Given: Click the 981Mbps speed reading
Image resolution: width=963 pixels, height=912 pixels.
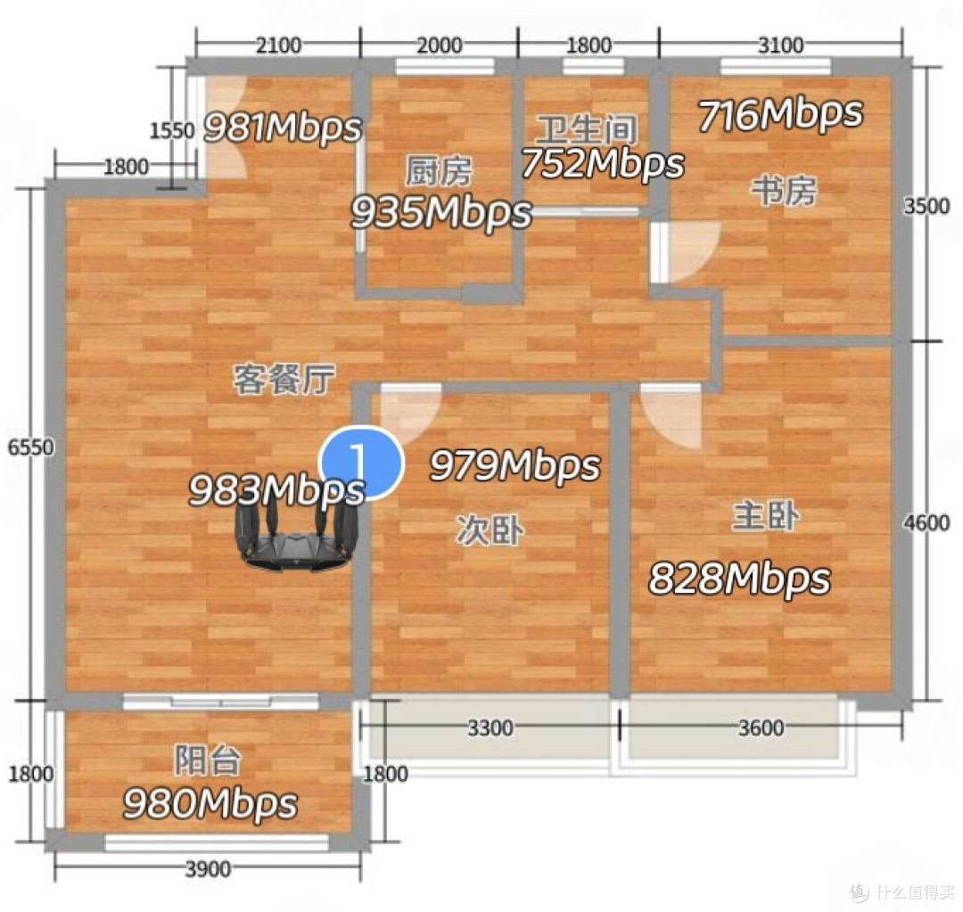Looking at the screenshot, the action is click(x=283, y=127).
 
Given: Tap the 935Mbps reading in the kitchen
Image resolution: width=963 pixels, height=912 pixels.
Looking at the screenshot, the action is click(x=441, y=212).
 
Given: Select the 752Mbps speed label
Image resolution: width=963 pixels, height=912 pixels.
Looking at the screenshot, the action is click(x=603, y=163).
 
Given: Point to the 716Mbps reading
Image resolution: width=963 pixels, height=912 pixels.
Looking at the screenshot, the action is click(x=780, y=114).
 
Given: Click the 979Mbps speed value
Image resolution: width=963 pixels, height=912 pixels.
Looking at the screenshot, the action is click(x=514, y=464).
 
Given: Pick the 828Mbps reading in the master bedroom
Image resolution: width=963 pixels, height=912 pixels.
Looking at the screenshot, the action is click(x=739, y=578).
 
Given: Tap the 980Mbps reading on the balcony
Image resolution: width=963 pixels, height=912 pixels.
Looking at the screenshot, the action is click(x=210, y=803).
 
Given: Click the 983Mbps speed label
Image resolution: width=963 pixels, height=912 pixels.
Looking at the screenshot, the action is click(x=276, y=490).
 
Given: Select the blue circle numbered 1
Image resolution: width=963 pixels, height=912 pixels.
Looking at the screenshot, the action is click(x=361, y=463).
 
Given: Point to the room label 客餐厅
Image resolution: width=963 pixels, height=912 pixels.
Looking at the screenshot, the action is click(x=284, y=378).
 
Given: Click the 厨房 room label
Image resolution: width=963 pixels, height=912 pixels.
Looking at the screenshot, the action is click(x=439, y=171).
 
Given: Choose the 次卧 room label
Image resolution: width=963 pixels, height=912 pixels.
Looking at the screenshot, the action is click(x=490, y=530).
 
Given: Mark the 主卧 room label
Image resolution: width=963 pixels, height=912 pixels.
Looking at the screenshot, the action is click(x=766, y=515).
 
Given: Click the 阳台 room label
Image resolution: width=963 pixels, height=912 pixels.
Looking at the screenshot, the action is click(x=208, y=760).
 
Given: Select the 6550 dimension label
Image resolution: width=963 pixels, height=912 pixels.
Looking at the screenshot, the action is click(x=30, y=447).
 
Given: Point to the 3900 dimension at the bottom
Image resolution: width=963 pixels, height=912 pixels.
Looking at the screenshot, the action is click(x=208, y=869).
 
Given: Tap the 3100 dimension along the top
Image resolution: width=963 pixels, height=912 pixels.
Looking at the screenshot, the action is click(x=780, y=45).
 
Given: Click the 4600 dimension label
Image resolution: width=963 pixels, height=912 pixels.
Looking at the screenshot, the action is click(x=926, y=522).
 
